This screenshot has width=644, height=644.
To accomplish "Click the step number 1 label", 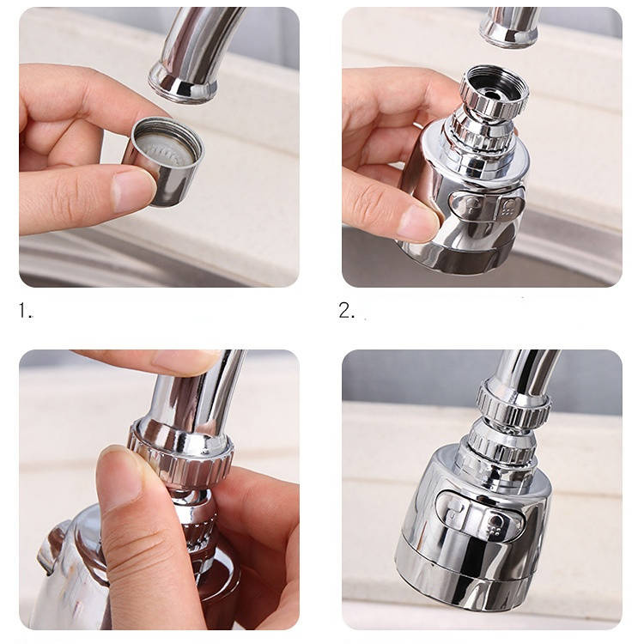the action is pos(25,310).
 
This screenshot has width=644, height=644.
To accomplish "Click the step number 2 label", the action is pos(347,310).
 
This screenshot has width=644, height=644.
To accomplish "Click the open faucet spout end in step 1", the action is pos(183,82).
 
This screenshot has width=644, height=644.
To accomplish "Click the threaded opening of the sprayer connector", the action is pos(494,87).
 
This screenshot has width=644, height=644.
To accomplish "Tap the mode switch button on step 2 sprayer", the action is pos(487,204).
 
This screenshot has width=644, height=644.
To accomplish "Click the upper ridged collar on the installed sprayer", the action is pos(513,404).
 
